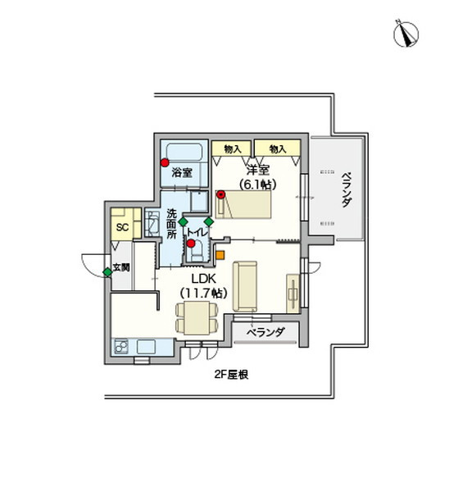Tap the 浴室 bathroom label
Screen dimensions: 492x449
[182, 173]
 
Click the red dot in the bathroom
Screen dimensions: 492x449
[165, 162]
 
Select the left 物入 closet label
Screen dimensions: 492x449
[232, 148]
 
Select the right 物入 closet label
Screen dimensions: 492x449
[277, 148]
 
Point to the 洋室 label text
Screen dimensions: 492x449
[261, 171]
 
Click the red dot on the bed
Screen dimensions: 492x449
[220, 194]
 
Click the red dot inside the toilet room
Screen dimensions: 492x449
[190, 244]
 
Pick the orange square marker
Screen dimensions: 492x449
[220, 253]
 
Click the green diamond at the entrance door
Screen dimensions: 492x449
[107, 271]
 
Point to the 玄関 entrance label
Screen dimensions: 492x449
[122, 267]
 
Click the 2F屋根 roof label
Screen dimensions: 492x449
[232, 374]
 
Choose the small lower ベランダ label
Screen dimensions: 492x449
[265, 332]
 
